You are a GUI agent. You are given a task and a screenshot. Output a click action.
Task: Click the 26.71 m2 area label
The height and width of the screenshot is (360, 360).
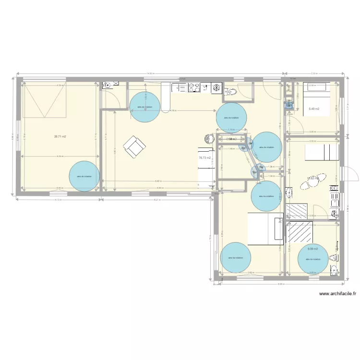[60, 136]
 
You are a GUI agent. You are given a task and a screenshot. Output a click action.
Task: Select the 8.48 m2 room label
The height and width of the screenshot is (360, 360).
[314, 109]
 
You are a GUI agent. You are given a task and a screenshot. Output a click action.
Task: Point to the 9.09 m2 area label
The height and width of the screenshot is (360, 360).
[313, 249]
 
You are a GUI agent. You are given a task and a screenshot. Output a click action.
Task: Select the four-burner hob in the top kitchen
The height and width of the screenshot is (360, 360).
[194, 87]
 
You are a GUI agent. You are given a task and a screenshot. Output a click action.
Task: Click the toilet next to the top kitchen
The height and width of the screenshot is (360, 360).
[230, 91]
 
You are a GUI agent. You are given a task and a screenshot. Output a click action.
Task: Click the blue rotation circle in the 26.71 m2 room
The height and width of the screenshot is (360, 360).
[84, 176]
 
